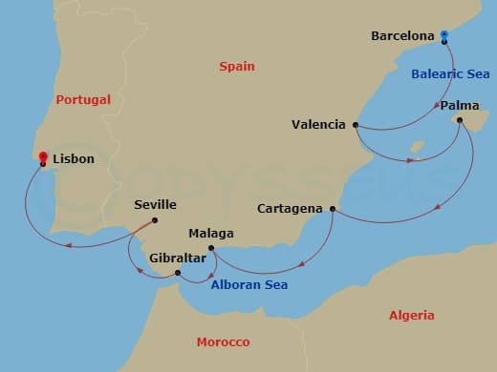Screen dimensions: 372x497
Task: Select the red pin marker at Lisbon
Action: [x=43, y=155]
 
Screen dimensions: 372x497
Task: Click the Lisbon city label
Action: [x=74, y=159]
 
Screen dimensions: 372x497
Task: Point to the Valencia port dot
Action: [x=356, y=124]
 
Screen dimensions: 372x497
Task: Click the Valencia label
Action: [x=320, y=124]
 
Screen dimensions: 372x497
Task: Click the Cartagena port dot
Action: [x=333, y=208]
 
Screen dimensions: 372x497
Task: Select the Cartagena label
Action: [x=292, y=208]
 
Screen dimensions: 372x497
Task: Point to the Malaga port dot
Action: [x=211, y=250]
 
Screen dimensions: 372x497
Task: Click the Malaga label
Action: [x=211, y=234]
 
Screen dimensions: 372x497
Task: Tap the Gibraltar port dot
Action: [x=179, y=274]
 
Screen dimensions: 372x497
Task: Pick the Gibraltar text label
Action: [x=177, y=258]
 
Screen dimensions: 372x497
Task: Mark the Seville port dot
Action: [x=155, y=220]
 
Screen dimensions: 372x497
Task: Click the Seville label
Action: [x=156, y=205]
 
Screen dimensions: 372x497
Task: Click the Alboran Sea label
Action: [x=248, y=284]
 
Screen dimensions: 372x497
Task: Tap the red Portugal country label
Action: [x=83, y=99]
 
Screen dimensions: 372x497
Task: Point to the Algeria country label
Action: [x=412, y=315]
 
